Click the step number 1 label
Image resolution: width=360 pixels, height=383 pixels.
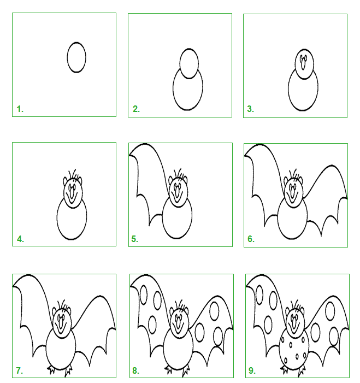[20, 109]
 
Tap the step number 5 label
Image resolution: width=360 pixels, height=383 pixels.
[135, 239]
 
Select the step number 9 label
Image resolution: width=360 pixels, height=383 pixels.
[252, 370]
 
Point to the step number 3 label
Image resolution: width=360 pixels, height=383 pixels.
[251, 109]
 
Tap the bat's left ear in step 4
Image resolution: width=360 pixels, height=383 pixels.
[65, 181]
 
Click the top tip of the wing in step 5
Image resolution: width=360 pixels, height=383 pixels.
[145, 144]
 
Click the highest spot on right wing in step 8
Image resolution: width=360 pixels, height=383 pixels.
[215, 311]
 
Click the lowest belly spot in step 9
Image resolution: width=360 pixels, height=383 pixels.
[286, 360]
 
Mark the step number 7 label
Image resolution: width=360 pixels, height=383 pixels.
[19, 370]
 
